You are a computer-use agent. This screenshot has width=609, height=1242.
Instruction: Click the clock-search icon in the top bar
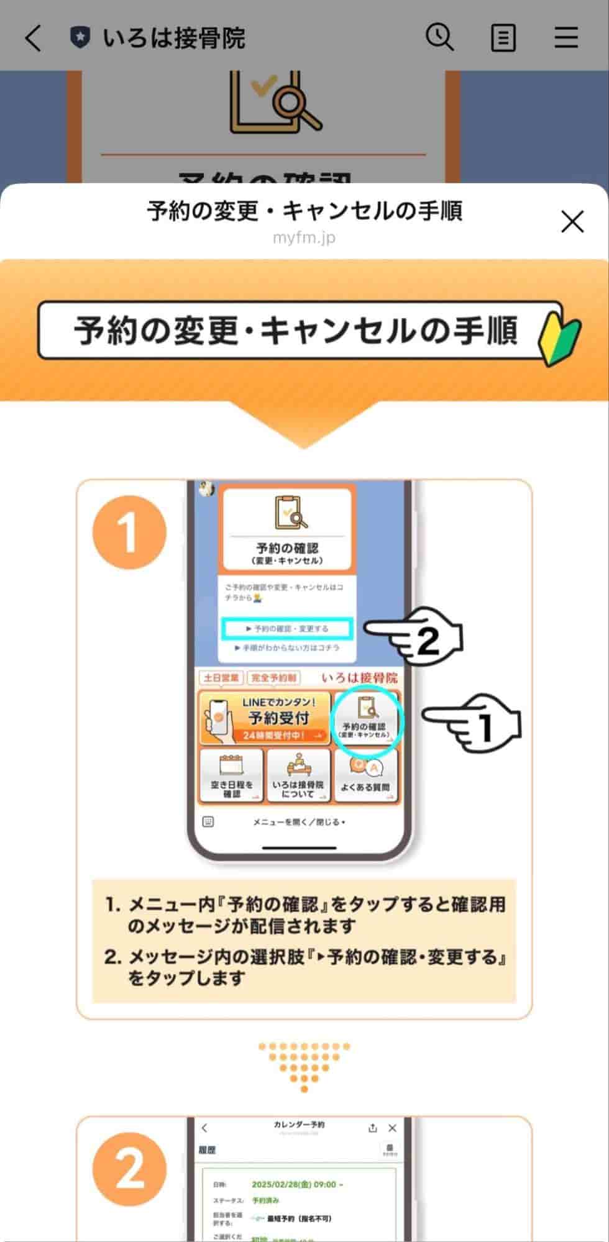click(x=439, y=37)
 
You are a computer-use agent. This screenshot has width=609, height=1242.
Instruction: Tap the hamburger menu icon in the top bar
click(x=566, y=38)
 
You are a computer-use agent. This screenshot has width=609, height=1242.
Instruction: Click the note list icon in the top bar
click(x=503, y=38)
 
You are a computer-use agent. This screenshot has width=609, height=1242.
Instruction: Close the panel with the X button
click(x=572, y=221)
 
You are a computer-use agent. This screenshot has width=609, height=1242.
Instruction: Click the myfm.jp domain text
click(x=304, y=238)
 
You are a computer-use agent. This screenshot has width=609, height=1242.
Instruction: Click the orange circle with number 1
click(x=129, y=532)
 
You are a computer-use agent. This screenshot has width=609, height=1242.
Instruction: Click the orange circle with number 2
click(x=129, y=1170)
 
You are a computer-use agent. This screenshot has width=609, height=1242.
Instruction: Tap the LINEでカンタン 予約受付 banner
click(x=265, y=718)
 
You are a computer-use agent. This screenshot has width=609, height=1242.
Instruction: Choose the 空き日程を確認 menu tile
click(x=231, y=777)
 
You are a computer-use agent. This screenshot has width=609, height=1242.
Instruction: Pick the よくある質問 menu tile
click(x=365, y=777)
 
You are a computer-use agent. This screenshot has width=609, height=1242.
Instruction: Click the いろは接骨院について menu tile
click(x=298, y=777)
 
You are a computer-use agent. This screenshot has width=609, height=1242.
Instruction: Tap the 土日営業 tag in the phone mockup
click(x=221, y=677)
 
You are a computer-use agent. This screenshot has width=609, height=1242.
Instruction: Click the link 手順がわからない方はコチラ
click(x=287, y=647)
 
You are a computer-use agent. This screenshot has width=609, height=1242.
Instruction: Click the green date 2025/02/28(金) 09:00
click(x=294, y=1184)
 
